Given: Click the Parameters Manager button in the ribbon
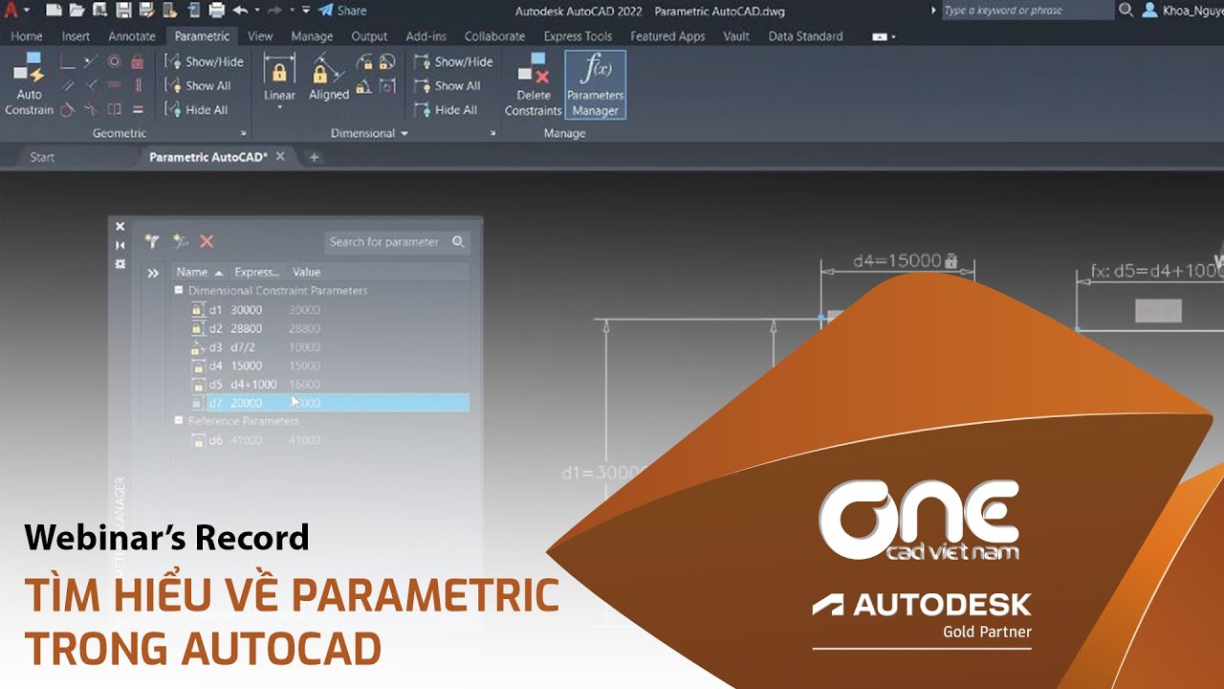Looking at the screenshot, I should coord(595,85).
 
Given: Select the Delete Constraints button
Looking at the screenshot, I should coord(533,85).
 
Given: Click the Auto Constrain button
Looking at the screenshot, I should coord(29,85).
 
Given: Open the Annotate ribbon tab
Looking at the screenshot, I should coord(132,36).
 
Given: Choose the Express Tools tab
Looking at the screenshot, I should coord(578,36).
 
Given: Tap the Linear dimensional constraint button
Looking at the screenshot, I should coord(279,80).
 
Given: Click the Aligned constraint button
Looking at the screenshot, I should coord(329,80).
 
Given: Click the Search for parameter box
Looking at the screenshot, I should coord(385,242).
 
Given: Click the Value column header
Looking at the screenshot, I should coord(306,272).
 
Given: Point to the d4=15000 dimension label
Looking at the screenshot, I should coord(897,260).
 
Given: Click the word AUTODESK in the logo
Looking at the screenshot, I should coord(942,605).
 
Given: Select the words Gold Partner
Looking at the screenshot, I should coord(986,632).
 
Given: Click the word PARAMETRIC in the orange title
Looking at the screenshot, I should coord(426,595).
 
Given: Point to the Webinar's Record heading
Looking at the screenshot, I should coord(167,538).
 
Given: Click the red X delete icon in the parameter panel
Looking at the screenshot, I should coord(207,242).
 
